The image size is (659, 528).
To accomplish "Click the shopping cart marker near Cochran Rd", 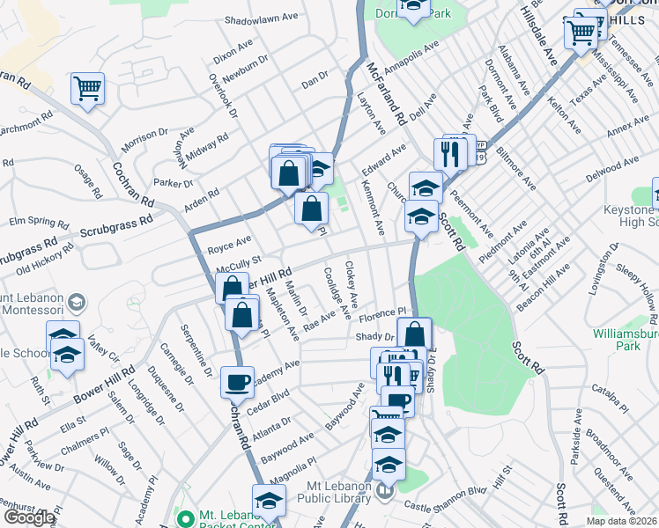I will click(88, 88).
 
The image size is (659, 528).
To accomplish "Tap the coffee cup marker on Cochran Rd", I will click(236, 382).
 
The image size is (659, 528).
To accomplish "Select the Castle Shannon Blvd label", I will click(446, 497).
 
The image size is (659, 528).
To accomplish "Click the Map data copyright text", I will click(622, 521).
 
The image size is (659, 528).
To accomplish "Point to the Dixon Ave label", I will click(233, 48).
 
